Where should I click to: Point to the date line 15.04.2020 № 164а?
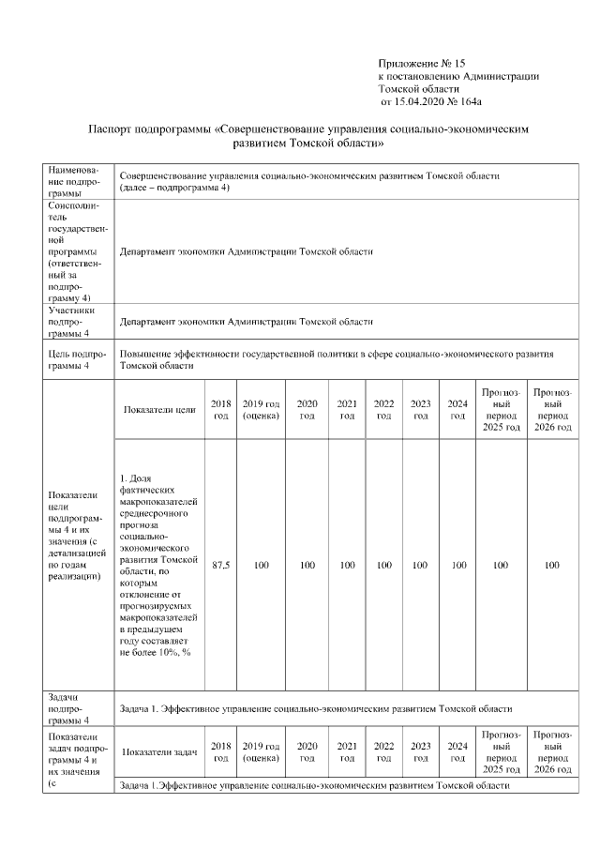tap(435, 100)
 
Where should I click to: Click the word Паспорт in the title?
tap(112, 129)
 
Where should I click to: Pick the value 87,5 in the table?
tap(221, 566)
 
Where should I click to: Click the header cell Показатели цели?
tap(158, 409)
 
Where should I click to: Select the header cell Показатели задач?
tap(159, 751)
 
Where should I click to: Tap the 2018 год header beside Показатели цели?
tap(221, 409)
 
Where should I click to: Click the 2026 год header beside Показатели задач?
tap(552, 751)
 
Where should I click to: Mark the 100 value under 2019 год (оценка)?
tap(262, 566)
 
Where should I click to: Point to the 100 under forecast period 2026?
tap(552, 566)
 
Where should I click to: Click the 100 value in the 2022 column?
tap(383, 566)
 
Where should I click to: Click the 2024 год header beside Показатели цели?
tap(457, 409)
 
